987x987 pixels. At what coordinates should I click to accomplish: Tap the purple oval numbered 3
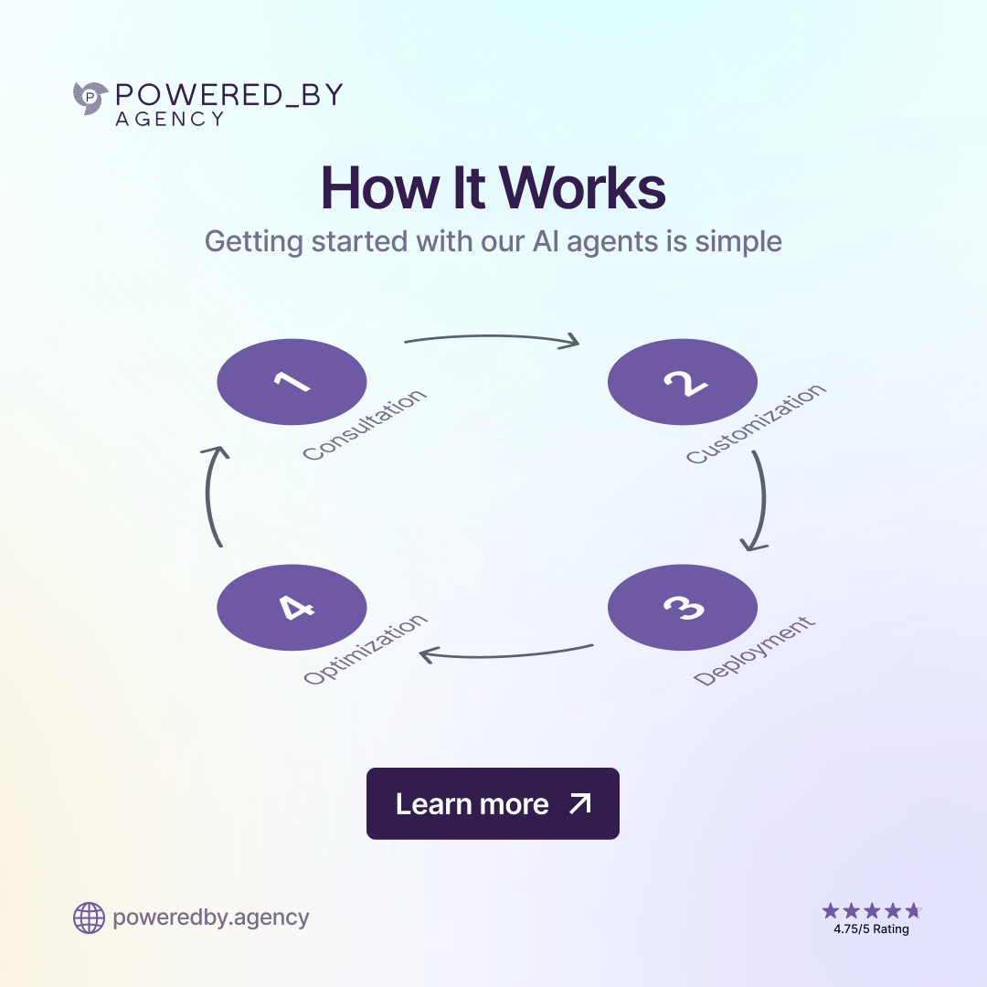click(x=683, y=608)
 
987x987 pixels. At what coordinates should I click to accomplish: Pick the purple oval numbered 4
click(x=292, y=608)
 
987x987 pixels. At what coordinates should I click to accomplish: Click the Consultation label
click(x=364, y=425)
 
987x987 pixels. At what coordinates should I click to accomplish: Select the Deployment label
click(x=753, y=652)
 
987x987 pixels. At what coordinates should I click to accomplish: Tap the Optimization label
click(x=365, y=650)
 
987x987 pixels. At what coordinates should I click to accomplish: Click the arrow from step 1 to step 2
click(x=492, y=339)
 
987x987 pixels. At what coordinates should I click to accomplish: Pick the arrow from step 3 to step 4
click(x=506, y=653)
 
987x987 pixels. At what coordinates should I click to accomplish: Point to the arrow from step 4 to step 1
click(x=211, y=495)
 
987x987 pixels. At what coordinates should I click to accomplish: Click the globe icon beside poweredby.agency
click(x=89, y=918)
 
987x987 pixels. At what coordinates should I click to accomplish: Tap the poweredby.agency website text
click(x=211, y=918)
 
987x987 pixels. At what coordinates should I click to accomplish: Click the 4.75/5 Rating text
click(x=871, y=929)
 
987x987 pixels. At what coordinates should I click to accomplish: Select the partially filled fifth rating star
click(x=913, y=910)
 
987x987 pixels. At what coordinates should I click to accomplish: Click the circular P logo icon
click(x=90, y=98)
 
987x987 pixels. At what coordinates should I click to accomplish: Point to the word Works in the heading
click(x=583, y=188)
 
